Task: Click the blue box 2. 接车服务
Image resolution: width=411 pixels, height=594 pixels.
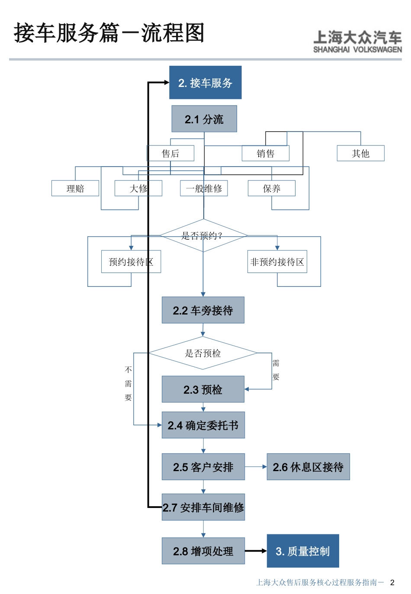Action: pyautogui.click(x=205, y=83)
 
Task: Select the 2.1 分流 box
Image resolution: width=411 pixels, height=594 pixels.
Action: pyautogui.click(x=204, y=119)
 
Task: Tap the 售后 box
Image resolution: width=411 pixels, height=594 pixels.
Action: pyautogui.click(x=170, y=154)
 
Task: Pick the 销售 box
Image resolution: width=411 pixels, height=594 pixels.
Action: pyautogui.click(x=266, y=154)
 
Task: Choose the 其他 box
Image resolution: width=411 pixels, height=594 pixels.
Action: pyautogui.click(x=360, y=154)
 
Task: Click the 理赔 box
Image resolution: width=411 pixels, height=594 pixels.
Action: pyautogui.click(x=75, y=189)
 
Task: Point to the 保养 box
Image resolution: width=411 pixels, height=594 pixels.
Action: pyautogui.click(x=272, y=189)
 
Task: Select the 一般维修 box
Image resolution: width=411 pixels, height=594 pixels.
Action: pyautogui.click(x=204, y=189)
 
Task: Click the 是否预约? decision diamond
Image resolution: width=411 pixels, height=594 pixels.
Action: pyautogui.click(x=203, y=235)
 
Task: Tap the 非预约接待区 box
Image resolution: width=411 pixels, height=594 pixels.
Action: pyautogui.click(x=277, y=262)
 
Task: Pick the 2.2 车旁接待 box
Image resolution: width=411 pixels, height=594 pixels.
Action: pyautogui.click(x=203, y=310)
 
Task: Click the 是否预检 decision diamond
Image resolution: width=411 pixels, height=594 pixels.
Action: pyautogui.click(x=203, y=353)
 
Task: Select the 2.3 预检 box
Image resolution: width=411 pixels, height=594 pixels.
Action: pyautogui.click(x=203, y=389)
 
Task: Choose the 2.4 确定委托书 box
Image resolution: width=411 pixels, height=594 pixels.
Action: pyautogui.click(x=203, y=425)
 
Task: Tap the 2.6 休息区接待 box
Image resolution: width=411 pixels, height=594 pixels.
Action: pyautogui.click(x=308, y=467)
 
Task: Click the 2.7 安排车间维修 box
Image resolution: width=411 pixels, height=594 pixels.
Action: pyautogui.click(x=203, y=507)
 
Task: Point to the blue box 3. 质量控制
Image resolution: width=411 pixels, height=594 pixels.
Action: pyautogui.click(x=303, y=551)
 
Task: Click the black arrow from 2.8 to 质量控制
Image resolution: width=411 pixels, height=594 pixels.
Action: pyautogui.click(x=256, y=551)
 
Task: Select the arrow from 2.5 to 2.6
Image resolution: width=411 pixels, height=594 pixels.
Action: pyautogui.click(x=256, y=467)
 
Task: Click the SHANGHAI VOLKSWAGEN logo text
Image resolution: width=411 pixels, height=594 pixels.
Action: pyautogui.click(x=357, y=50)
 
